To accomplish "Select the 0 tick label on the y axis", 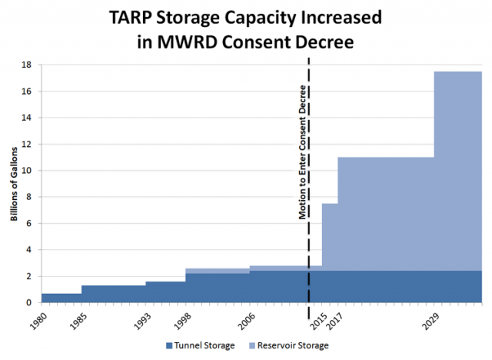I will pyautogui.click(x=32, y=302).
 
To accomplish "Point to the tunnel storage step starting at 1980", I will pyautogui.click(x=61, y=298).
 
